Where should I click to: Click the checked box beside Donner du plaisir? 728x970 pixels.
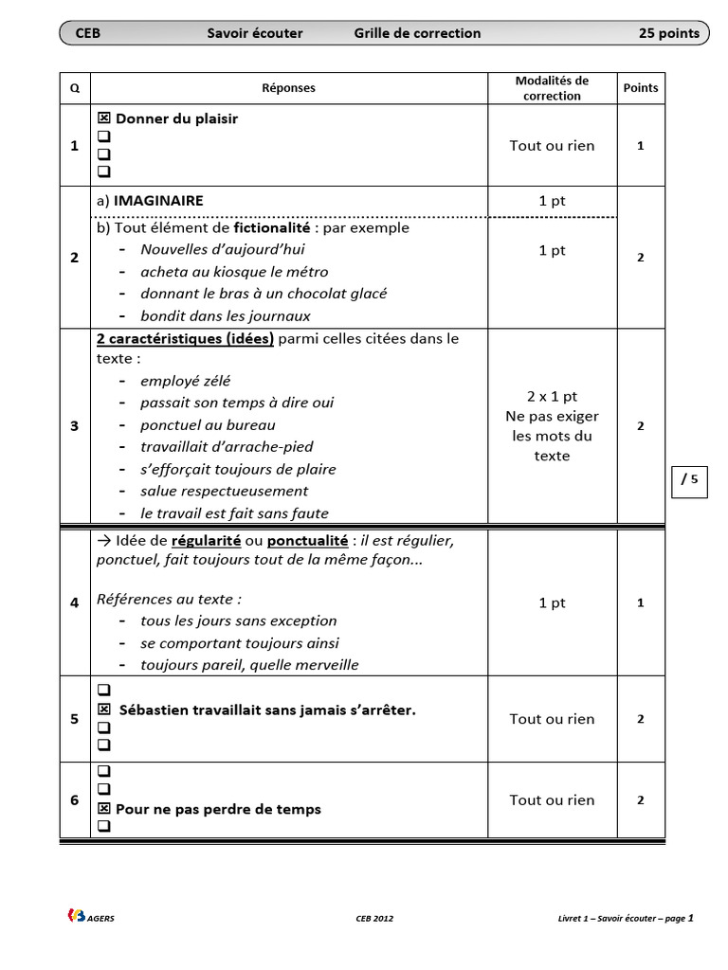tap(103, 119)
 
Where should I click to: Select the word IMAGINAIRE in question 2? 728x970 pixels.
tap(158, 201)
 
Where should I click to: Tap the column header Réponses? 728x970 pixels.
tap(288, 88)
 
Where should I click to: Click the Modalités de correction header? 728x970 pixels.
tap(551, 88)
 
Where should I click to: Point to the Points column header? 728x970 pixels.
tap(641, 88)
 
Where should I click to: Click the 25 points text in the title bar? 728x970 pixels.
tap(668, 33)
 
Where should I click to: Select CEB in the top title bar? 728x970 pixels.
tap(87, 33)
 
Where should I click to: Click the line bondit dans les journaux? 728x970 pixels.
tap(225, 315)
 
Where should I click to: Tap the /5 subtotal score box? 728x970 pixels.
tap(689, 479)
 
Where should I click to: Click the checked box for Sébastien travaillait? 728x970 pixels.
tap(103, 710)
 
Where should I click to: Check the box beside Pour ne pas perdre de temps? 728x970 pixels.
tap(103, 809)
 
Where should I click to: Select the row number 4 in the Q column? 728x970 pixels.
tap(75, 602)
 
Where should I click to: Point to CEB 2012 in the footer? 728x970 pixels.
tap(374, 918)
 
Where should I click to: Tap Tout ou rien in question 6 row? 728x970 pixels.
tap(552, 799)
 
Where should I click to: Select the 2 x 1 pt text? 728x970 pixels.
tap(552, 396)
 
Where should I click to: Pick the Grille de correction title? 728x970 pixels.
tap(417, 33)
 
